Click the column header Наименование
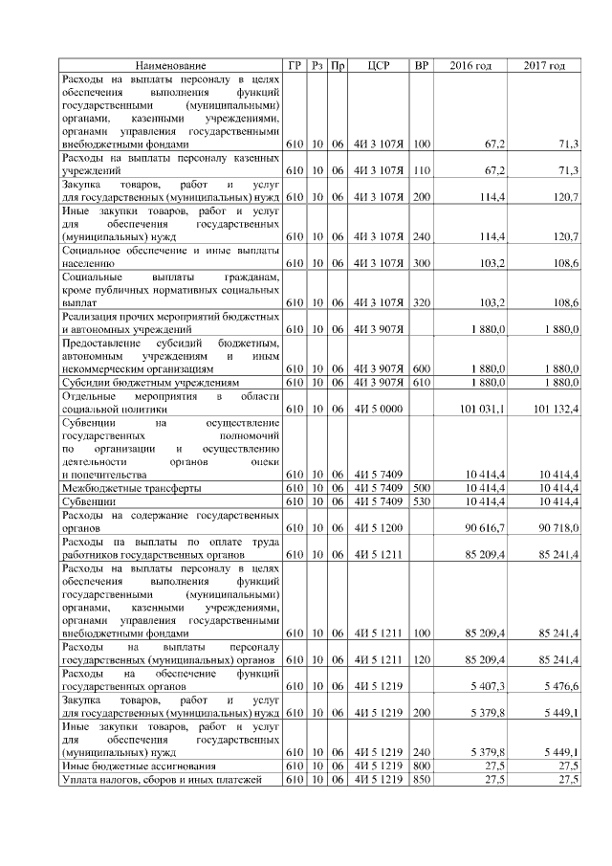[170, 65]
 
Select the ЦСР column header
[382, 65]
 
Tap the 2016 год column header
[470, 65]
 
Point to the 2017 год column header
[544, 65]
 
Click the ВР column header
[422, 65]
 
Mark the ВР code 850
[422, 779]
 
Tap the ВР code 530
[422, 500]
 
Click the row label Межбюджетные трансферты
[131, 488]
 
